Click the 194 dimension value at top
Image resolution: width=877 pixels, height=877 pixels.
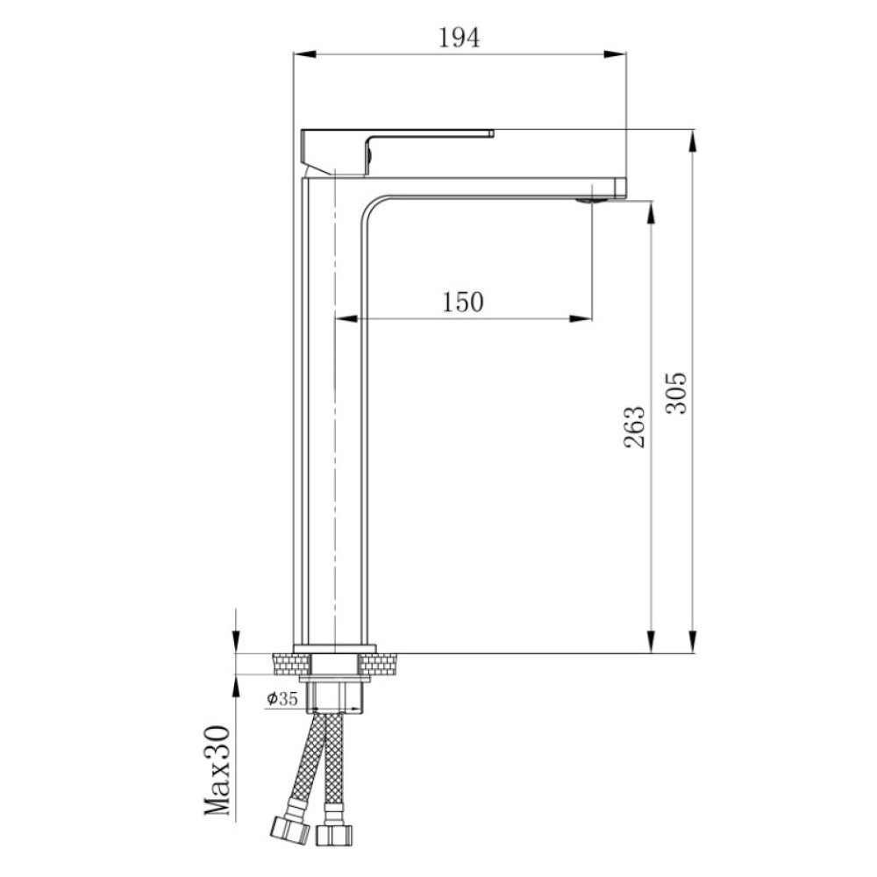point(459,38)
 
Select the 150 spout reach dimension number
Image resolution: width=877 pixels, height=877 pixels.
point(463,302)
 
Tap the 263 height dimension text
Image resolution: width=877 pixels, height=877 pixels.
point(634,427)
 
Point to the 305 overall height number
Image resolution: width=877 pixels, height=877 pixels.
point(677,393)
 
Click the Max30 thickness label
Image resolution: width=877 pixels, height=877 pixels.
point(217,770)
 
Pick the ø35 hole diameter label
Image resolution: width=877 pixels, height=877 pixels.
point(282,698)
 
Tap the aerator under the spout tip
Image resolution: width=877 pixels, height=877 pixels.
point(592,200)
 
